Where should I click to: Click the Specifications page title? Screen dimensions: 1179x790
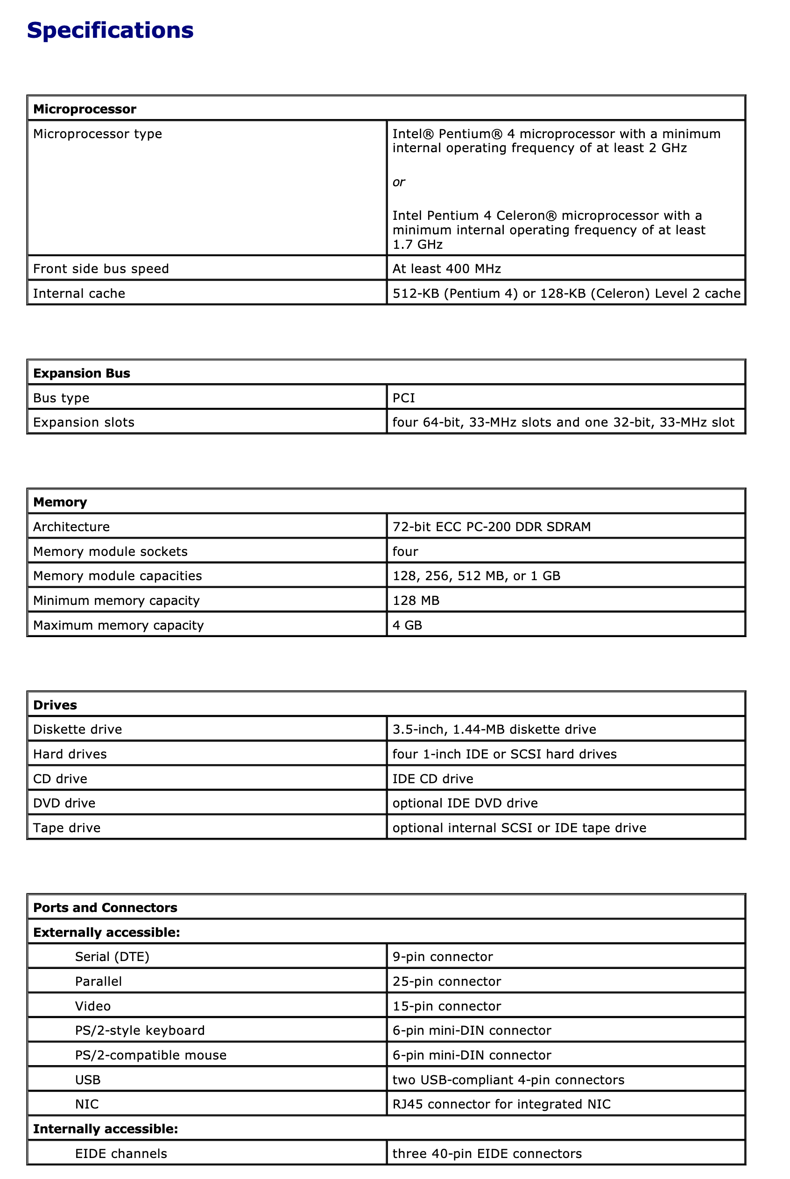coord(110,30)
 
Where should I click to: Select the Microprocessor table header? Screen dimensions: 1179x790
coord(85,109)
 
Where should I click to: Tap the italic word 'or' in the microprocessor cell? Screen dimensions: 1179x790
coord(399,182)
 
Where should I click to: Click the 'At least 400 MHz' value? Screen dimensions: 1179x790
coord(446,268)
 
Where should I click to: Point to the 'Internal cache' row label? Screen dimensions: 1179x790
coord(79,293)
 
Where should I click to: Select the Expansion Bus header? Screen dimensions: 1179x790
coord(82,373)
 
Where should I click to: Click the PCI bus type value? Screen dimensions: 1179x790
coord(403,398)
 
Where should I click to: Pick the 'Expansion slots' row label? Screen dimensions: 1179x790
coord(84,422)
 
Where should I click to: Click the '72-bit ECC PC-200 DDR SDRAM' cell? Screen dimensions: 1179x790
coord(491,526)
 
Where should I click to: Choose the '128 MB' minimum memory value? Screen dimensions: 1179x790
coord(416,600)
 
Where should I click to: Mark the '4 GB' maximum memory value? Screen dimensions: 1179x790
coord(407,625)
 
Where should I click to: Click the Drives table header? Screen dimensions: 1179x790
coord(55,705)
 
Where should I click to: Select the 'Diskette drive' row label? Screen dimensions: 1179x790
coord(78,729)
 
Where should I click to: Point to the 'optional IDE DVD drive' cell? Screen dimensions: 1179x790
coord(465,803)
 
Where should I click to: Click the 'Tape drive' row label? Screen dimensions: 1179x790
coord(66,828)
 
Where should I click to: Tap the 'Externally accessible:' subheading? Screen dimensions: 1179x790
coord(106,932)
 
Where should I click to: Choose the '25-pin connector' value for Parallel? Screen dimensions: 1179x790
coord(446,981)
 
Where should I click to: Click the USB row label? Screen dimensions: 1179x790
coord(88,1080)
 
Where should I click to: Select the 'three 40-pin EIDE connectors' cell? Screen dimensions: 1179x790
coord(487,1153)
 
